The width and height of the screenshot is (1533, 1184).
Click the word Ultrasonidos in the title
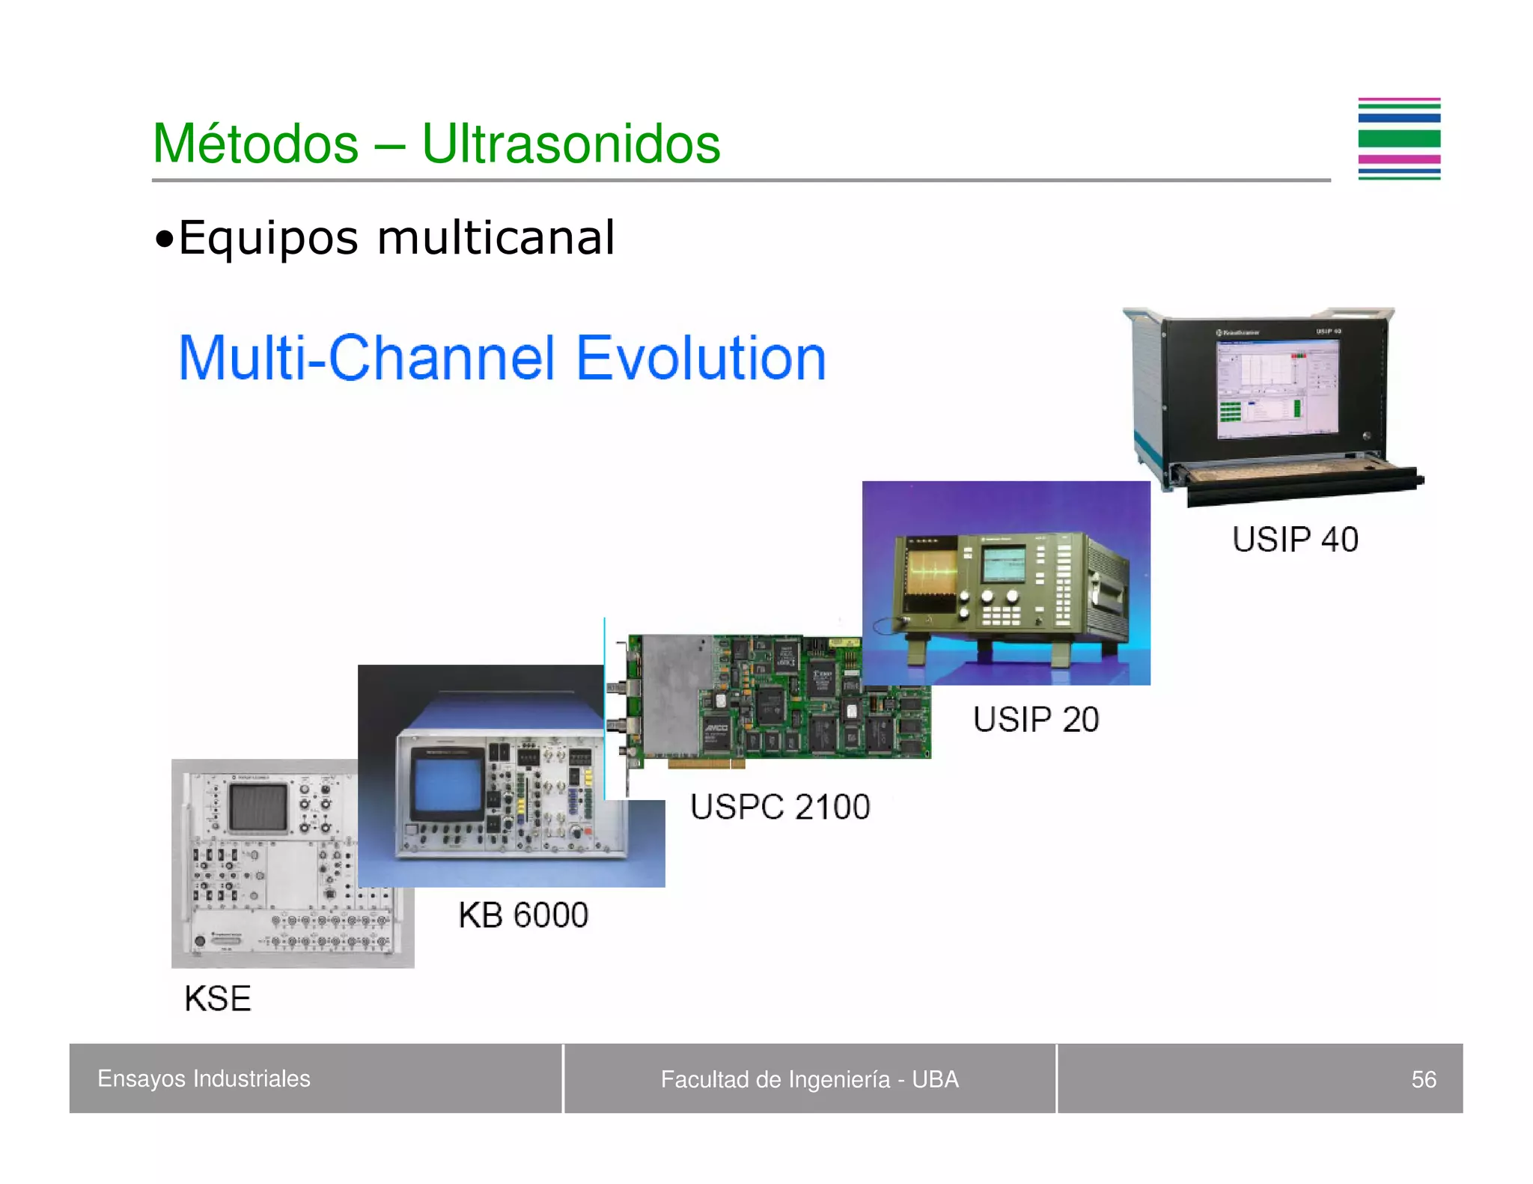click(x=570, y=143)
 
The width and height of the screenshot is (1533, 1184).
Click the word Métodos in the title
click(x=255, y=143)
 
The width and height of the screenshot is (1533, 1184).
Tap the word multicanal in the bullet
click(x=496, y=238)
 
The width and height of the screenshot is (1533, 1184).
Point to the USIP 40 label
click(x=1294, y=540)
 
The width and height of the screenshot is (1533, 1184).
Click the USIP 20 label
click(x=1035, y=719)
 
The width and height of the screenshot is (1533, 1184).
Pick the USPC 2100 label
click(x=780, y=807)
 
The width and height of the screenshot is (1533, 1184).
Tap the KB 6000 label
click(x=523, y=915)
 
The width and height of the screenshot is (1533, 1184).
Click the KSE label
click(x=218, y=998)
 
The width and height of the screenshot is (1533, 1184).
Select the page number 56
click(x=1423, y=1079)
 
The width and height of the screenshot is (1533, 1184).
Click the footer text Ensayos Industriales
click(x=204, y=1078)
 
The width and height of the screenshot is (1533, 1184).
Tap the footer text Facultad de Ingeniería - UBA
click(x=809, y=1079)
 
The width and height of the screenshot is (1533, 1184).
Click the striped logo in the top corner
click(x=1398, y=139)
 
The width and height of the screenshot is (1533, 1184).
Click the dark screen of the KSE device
click(x=257, y=808)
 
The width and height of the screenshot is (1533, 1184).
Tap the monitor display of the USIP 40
click(x=1277, y=388)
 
